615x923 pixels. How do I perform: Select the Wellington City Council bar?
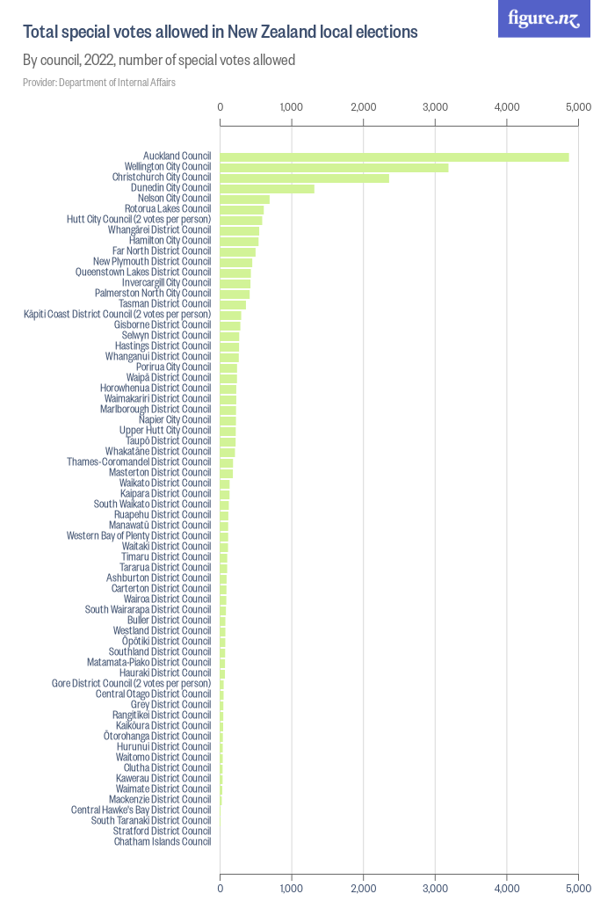[x=334, y=167]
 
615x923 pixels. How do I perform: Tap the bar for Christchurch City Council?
[x=304, y=178]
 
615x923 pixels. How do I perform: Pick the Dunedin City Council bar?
[x=266, y=188]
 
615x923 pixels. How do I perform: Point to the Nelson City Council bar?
[x=244, y=199]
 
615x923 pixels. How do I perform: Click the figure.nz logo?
[x=544, y=18]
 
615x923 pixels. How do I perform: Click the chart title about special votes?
[x=220, y=33]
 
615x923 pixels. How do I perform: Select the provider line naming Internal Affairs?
[x=99, y=83]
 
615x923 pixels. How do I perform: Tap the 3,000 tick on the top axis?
[x=435, y=106]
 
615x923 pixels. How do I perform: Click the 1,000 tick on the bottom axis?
[x=292, y=888]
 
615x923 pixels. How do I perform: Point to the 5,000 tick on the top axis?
[x=578, y=106]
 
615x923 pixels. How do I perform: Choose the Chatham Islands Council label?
[x=162, y=841]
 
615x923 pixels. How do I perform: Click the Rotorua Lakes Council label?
[x=167, y=209]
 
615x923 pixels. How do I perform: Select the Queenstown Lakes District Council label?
[x=143, y=273]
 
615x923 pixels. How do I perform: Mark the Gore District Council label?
[x=131, y=683]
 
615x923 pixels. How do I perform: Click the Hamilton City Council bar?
[x=239, y=241]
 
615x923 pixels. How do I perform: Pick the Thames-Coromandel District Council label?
[x=139, y=461]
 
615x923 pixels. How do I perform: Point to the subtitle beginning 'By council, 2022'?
[x=158, y=61]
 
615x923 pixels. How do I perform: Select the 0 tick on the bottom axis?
[x=220, y=888]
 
